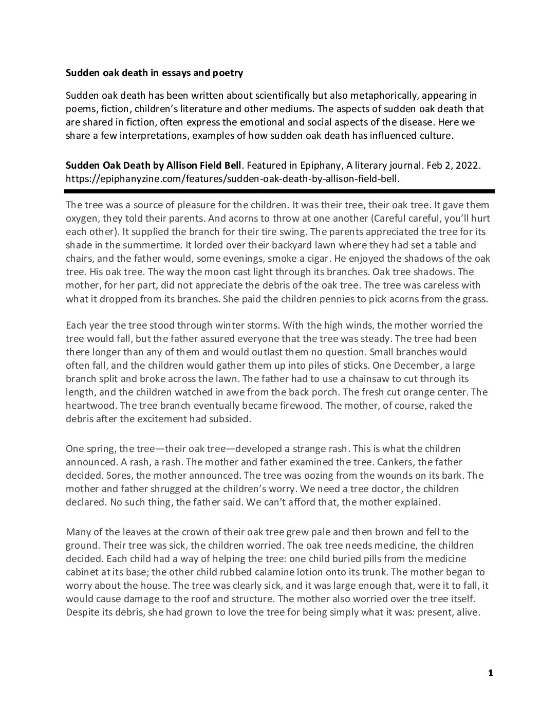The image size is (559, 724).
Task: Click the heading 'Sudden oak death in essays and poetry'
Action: click(154, 73)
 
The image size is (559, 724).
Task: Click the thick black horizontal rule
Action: click(279, 191)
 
